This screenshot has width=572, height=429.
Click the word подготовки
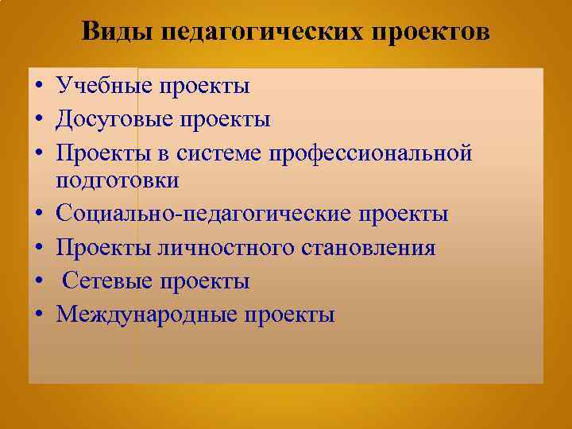pyautogui.click(x=118, y=181)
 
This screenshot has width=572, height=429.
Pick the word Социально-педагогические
pyautogui.click(x=201, y=214)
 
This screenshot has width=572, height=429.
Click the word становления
pyautogui.click(x=368, y=248)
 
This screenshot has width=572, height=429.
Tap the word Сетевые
pyautogui.click(x=108, y=281)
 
